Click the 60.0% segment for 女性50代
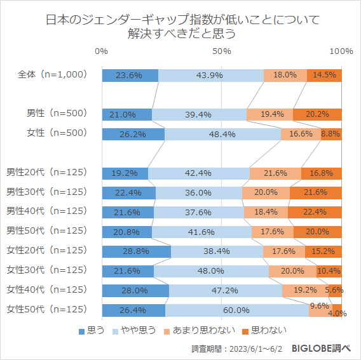(236, 310)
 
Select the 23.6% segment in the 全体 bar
(130, 75)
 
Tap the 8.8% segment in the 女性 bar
(331, 134)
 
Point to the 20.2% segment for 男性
(317, 114)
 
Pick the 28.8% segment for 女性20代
(136, 251)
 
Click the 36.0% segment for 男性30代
(199, 192)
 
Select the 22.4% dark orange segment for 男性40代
(315, 212)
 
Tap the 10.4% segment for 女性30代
(329, 271)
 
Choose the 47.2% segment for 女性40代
(226, 290)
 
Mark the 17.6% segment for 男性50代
(272, 232)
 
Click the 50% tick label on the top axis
(221, 51)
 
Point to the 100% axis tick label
(341, 51)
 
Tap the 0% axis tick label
(101, 51)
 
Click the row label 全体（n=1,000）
(51, 75)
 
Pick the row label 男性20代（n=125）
(46, 173)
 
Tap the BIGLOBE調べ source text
(321, 349)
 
